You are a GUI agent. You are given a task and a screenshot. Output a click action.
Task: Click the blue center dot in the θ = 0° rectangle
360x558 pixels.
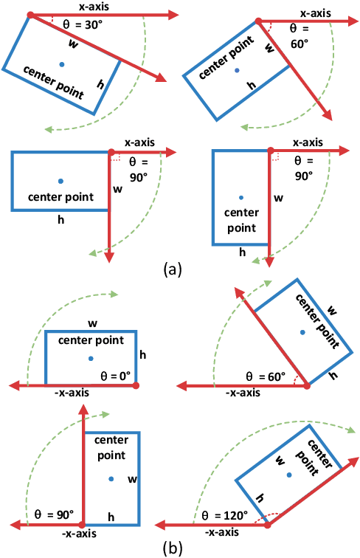point(90,358)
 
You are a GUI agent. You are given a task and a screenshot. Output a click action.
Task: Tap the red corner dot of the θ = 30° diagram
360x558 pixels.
point(30,14)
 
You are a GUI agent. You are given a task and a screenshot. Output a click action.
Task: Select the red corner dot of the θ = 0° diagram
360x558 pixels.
point(136,385)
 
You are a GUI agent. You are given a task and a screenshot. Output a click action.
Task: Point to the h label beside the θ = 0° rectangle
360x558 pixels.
point(142,355)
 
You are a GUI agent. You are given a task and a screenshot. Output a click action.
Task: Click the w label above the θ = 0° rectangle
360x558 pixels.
point(91,323)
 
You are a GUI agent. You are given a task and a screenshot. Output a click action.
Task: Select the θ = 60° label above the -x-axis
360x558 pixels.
point(266,376)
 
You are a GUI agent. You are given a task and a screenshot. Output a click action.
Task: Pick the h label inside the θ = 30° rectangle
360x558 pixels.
point(100,83)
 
